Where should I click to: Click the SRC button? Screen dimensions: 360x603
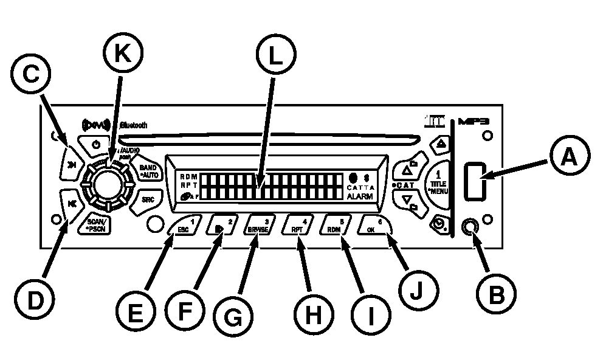click(x=147, y=199)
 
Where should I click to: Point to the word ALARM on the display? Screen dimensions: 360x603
click(x=360, y=196)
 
